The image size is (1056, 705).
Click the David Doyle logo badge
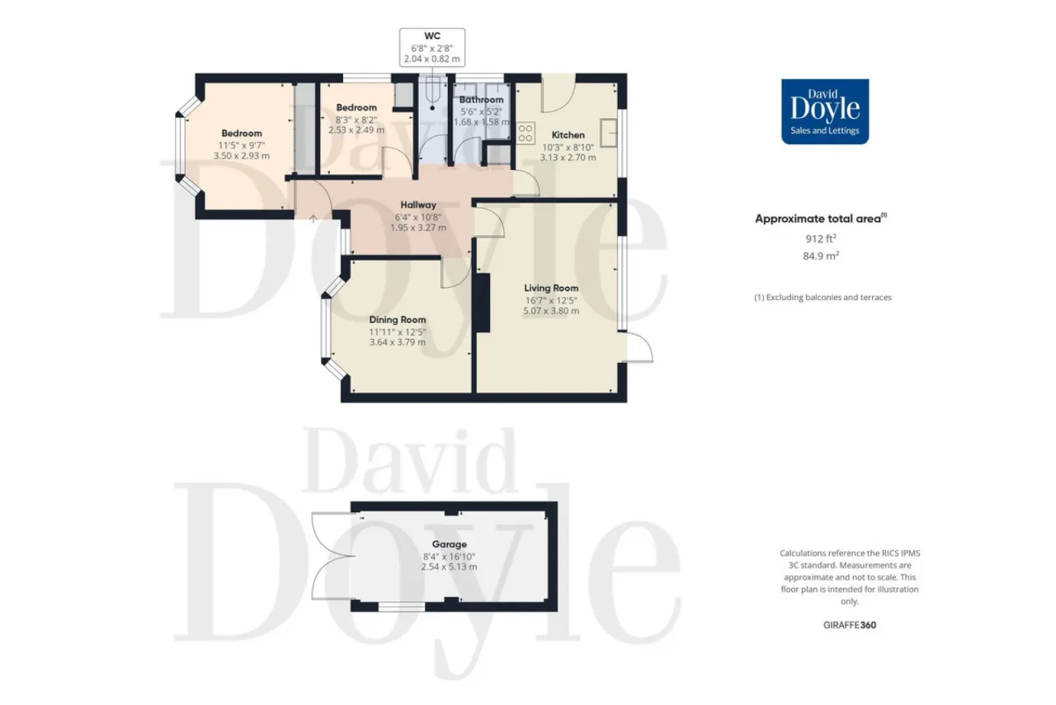coord(825,111)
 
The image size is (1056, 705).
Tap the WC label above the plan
coord(432,35)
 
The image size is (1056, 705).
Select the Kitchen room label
coord(568,135)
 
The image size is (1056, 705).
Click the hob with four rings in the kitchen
coord(526,133)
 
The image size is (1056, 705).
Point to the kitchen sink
coord(609,133)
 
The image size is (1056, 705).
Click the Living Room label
coord(551,288)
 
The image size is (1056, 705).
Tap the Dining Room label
coord(398,319)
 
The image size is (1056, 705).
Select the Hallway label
coord(418,205)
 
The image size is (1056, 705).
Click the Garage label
coord(450,544)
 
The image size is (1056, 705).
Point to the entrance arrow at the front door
coord(313,219)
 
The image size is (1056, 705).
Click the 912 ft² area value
coord(821,238)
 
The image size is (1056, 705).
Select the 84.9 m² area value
coord(821,256)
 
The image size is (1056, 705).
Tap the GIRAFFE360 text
coord(850,625)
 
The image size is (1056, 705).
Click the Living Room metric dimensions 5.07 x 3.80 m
coord(551,311)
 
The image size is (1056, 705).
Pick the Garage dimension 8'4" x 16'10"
coord(450,557)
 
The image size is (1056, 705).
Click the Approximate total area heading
coord(821,219)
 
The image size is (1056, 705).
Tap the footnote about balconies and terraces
coord(823,298)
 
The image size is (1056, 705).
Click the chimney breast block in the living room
coord(483,303)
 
